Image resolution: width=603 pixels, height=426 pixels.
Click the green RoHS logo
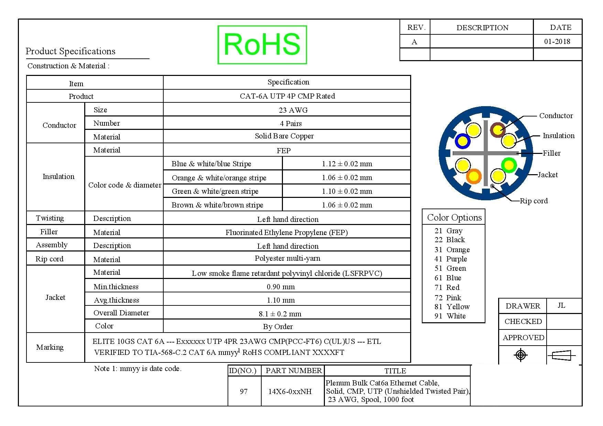(x=262, y=45)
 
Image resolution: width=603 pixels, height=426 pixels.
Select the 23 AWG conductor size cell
(x=293, y=110)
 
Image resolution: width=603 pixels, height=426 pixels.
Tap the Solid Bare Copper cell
(x=284, y=136)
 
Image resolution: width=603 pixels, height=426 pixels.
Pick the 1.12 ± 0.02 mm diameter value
(x=347, y=164)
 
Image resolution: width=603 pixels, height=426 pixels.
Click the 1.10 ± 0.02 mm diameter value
(x=347, y=191)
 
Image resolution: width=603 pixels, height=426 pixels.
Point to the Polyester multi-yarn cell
(x=287, y=258)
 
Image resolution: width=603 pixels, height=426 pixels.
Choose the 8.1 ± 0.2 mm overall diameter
(x=280, y=314)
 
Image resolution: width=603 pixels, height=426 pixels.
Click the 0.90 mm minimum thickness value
(x=281, y=287)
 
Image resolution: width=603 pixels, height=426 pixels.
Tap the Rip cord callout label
(x=534, y=201)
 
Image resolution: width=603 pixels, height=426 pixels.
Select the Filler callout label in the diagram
(x=551, y=153)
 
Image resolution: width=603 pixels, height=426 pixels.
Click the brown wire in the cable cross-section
(x=497, y=130)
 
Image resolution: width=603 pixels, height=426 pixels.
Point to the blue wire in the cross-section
(x=462, y=141)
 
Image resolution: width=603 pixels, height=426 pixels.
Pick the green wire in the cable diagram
(x=509, y=165)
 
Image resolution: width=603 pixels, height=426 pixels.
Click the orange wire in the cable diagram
(x=474, y=176)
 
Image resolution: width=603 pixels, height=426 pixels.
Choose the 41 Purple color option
(x=451, y=259)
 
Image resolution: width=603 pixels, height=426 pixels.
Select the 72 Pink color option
(x=448, y=298)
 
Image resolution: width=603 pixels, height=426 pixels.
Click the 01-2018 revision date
(x=557, y=42)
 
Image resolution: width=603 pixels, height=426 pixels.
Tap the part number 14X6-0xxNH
(x=290, y=392)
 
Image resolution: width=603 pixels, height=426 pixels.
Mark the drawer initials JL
(x=561, y=305)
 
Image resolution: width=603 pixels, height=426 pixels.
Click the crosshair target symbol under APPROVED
(x=520, y=355)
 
